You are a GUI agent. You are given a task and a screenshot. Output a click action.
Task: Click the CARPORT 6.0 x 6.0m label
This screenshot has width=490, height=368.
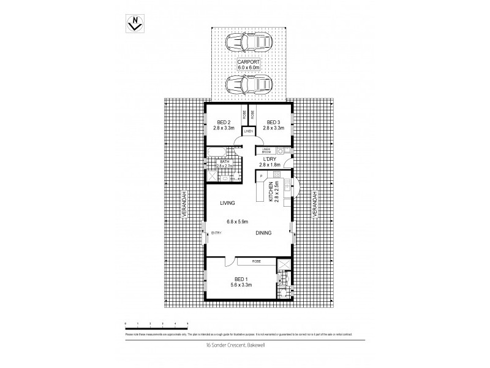(x=249, y=64)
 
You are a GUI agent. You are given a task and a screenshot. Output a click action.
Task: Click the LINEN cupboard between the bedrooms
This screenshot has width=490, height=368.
(x=248, y=131)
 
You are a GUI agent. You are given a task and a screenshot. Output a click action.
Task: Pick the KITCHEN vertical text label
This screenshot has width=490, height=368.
(x=271, y=191)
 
